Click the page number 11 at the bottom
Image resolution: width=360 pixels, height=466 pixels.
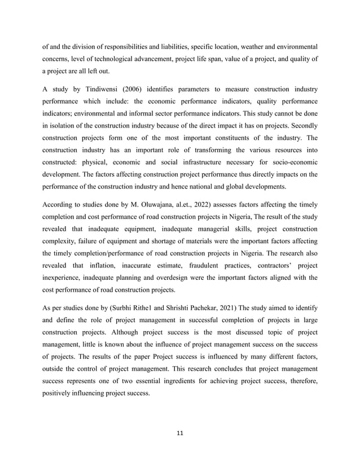pyautogui.click(x=179, y=433)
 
